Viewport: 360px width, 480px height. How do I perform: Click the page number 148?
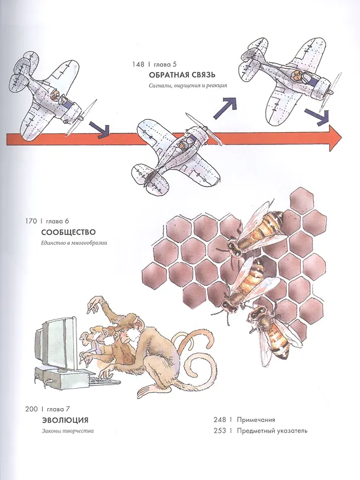[138, 64]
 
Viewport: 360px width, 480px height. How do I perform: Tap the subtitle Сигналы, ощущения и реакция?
[188, 85]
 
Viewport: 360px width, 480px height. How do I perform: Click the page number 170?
[31, 221]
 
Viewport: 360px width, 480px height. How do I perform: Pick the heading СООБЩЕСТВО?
[68, 232]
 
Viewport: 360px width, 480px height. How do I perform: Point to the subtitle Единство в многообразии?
[75, 244]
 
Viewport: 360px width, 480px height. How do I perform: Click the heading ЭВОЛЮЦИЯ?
[65, 420]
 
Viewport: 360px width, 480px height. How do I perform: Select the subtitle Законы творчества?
[67, 431]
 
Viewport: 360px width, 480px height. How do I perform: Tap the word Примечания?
[256, 420]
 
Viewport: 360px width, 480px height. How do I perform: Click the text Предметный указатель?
[272, 431]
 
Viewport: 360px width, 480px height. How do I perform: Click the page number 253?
[220, 431]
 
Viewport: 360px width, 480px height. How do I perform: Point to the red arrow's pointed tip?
[342, 138]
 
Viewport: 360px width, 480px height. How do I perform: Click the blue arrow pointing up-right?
[226, 107]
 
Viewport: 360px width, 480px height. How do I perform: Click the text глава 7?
[59, 409]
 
